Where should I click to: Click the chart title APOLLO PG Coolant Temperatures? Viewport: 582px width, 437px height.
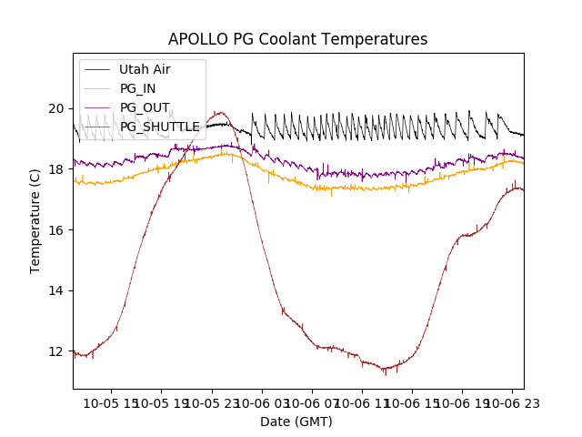click(297, 40)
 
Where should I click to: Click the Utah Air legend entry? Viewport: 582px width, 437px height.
click(145, 69)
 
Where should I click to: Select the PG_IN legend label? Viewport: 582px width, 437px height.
click(138, 88)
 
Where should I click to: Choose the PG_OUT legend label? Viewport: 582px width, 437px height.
click(145, 107)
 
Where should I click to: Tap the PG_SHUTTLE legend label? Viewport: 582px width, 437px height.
click(160, 127)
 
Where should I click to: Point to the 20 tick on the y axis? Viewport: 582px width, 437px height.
click(56, 108)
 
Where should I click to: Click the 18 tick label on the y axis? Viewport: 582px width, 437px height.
click(56, 169)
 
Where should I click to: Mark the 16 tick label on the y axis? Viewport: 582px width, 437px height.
click(56, 230)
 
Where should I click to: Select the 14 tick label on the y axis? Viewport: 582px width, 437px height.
click(56, 290)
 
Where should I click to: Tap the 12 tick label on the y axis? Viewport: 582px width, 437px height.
click(56, 351)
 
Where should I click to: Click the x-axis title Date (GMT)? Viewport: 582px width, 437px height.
click(296, 422)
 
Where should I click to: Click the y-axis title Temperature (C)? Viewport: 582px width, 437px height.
click(35, 220)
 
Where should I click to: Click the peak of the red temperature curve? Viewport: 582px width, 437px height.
click(219, 112)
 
